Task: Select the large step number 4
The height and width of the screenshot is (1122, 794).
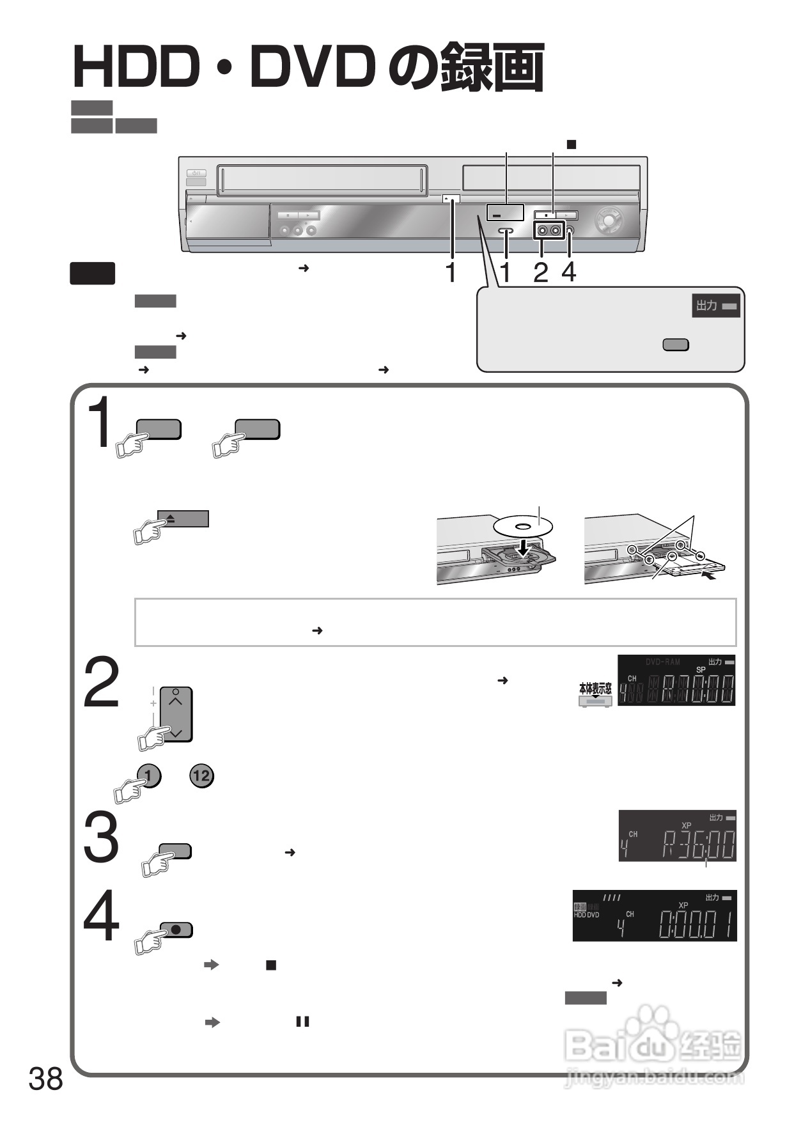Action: pyautogui.click(x=102, y=916)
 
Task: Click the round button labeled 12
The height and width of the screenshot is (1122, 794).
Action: pyautogui.click(x=201, y=776)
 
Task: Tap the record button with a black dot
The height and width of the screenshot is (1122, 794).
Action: pyautogui.click(x=176, y=930)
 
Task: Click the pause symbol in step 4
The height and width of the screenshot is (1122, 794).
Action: pyautogui.click(x=302, y=1022)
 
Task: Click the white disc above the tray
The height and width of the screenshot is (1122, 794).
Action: pyautogui.click(x=524, y=527)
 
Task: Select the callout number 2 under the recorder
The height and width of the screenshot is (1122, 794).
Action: pyautogui.click(x=541, y=273)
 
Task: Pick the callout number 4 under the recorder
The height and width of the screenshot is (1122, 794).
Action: pyautogui.click(x=568, y=273)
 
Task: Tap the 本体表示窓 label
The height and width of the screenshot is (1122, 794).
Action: pyautogui.click(x=595, y=689)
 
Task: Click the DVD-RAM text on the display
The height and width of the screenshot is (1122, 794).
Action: pyautogui.click(x=663, y=662)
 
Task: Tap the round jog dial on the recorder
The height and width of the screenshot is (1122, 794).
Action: pyautogui.click(x=608, y=221)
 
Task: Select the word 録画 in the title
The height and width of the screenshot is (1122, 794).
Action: pyautogui.click(x=493, y=67)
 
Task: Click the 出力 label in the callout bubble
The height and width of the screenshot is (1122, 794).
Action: pyautogui.click(x=706, y=306)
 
